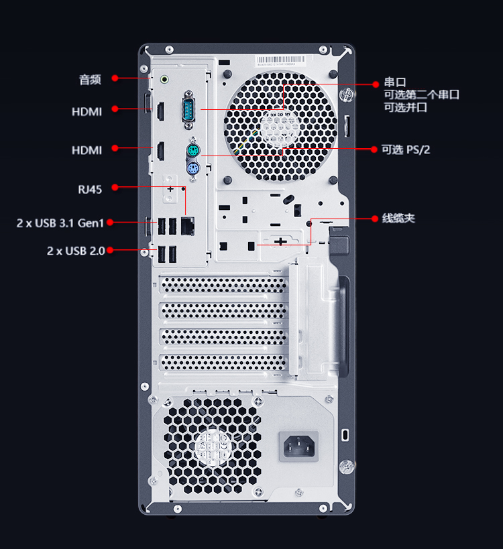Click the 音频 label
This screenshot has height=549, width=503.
[90, 80]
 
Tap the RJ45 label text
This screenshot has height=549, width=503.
[90, 190]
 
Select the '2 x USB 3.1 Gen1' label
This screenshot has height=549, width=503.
[60, 223]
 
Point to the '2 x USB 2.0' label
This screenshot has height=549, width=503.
[75, 251]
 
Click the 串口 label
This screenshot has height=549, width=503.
[395, 82]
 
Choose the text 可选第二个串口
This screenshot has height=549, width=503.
[421, 95]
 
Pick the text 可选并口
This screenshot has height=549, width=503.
[405, 107]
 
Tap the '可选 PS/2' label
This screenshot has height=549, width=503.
[406, 149]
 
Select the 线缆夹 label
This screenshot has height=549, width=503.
[398, 219]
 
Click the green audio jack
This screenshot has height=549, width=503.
[164, 80]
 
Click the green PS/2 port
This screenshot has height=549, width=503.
[192, 149]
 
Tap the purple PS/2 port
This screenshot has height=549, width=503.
[192, 170]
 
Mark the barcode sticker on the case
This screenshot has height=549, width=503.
[282, 60]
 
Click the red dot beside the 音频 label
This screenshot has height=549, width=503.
[115, 78]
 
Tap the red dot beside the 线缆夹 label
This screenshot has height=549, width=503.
[376, 219]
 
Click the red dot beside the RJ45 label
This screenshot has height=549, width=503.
[115, 188]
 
